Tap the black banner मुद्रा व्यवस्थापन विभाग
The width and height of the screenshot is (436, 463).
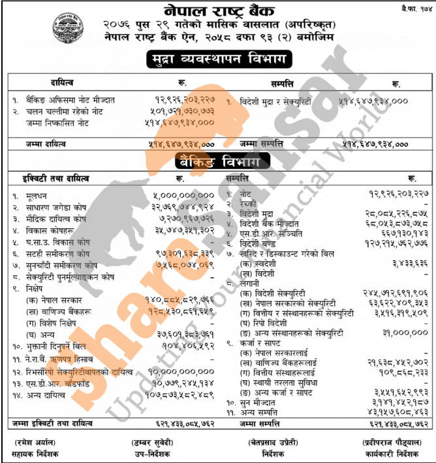point(219,60)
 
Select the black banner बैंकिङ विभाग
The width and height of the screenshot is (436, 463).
point(217,160)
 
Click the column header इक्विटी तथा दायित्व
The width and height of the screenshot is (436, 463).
point(52,177)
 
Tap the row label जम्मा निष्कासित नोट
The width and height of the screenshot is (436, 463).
point(53,123)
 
